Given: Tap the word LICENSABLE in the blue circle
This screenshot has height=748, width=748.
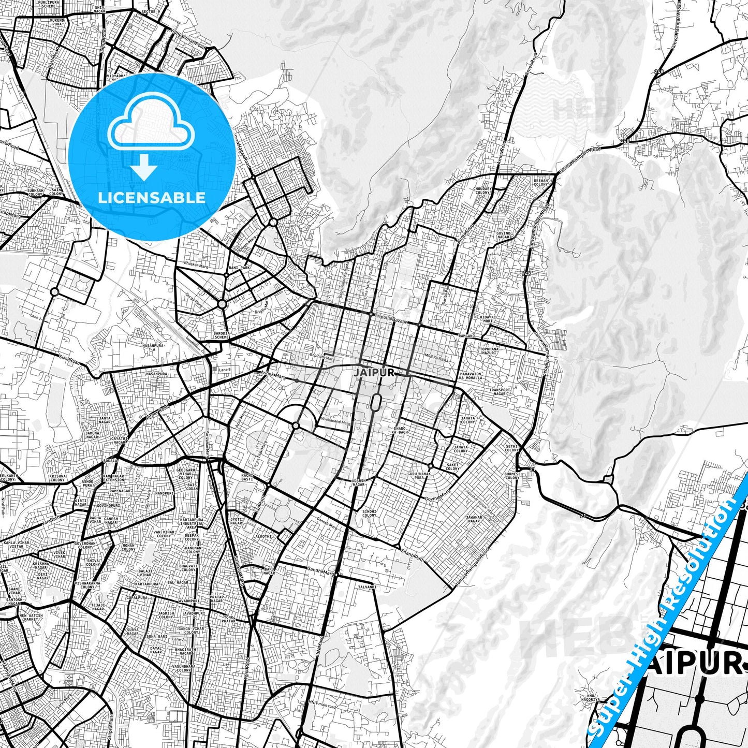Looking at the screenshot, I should [152, 197].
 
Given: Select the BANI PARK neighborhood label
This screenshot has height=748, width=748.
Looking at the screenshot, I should [239, 268].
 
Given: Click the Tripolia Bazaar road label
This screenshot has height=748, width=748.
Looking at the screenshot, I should [392, 317].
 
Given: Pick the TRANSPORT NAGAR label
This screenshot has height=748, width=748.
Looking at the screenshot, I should [500, 392].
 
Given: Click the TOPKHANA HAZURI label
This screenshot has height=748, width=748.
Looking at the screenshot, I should [489, 351].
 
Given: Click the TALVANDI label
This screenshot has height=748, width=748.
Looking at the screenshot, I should [367, 587].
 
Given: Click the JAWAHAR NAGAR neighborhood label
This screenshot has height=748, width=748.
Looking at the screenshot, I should [474, 519].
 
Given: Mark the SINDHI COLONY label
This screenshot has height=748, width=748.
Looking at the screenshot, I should [369, 513].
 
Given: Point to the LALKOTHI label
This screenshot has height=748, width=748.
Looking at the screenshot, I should [262, 536].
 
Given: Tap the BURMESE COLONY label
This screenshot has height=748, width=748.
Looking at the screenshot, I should [512, 476].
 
